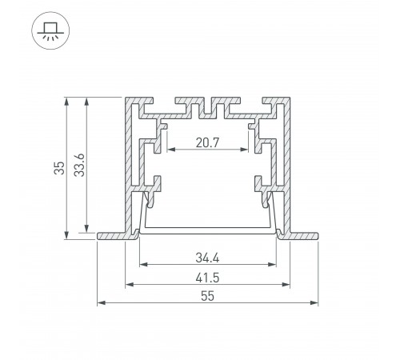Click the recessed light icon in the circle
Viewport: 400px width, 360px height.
(x=50, y=30)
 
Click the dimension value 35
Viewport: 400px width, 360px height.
(x=59, y=168)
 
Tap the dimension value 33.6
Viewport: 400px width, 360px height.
(x=79, y=165)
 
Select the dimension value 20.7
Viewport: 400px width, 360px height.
(x=207, y=142)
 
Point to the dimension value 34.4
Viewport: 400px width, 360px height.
(x=207, y=258)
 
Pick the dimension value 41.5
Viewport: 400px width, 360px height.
(x=207, y=278)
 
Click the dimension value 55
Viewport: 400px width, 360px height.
(x=207, y=296)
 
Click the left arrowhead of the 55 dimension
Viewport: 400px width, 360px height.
(x=101, y=302)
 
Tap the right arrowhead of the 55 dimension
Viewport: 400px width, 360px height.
(x=314, y=302)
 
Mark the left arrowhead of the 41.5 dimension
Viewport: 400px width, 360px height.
(x=130, y=285)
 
